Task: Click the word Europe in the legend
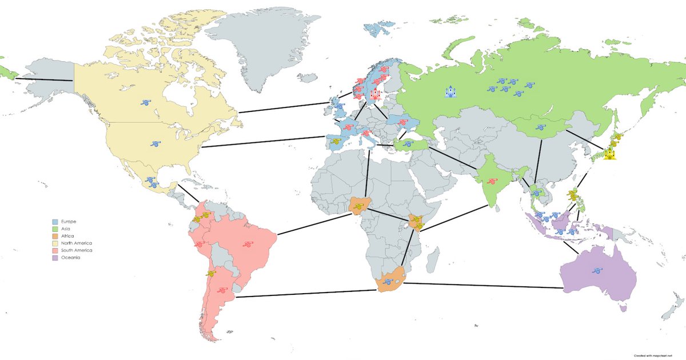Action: pos(67,221)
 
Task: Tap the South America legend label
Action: pos(76,251)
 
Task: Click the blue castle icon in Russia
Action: pos(450,91)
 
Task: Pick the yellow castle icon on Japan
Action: pos(610,153)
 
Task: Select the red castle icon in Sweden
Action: pos(376,94)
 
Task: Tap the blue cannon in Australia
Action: pos(597,271)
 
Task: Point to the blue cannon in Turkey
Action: pos(407,145)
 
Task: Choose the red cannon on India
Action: pos(491,182)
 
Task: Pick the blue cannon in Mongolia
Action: pos(540,127)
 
